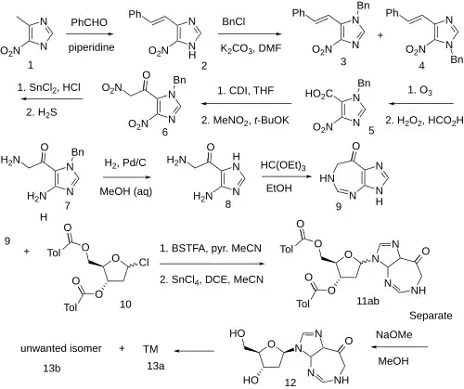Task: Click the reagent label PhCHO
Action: pos(89,22)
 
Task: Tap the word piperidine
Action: pos(91,47)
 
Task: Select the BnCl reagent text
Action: pos(234,22)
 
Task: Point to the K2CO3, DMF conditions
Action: pos(251,48)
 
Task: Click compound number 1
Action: pos(31,65)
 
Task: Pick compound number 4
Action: pos(421,66)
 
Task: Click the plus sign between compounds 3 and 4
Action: pos(380,35)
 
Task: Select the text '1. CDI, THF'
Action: pos(246,91)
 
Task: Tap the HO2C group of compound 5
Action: pos(319,94)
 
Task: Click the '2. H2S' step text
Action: pos(42,112)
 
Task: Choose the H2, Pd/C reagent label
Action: pos(125,162)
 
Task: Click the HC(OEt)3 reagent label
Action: pos(283,165)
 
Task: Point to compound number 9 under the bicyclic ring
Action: pos(339,206)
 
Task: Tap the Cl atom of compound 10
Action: pos(144,263)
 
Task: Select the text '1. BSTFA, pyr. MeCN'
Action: pos(211,248)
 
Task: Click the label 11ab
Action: pos(367,301)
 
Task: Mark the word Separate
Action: pos(431,316)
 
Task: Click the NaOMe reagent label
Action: pos(393,335)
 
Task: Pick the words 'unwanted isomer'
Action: pos(61,348)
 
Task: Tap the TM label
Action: pos(150,349)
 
